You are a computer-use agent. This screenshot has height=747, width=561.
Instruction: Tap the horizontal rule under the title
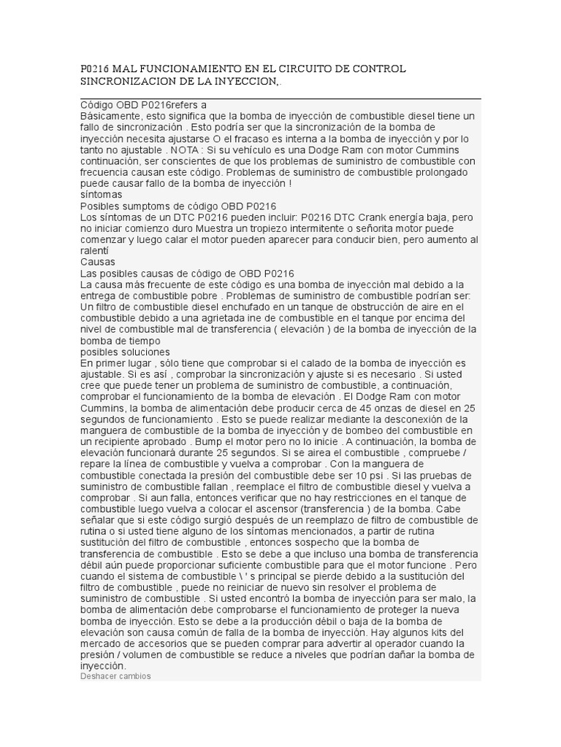tap(280, 98)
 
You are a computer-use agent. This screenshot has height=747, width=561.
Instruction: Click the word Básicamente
tap(109, 116)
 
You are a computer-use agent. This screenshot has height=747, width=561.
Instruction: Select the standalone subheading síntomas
tap(101, 195)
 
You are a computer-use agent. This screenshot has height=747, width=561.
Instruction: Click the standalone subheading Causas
tap(98, 262)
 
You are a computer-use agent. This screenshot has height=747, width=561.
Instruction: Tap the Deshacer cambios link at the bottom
tap(115, 676)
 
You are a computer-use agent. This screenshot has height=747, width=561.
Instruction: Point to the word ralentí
tap(93, 251)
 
